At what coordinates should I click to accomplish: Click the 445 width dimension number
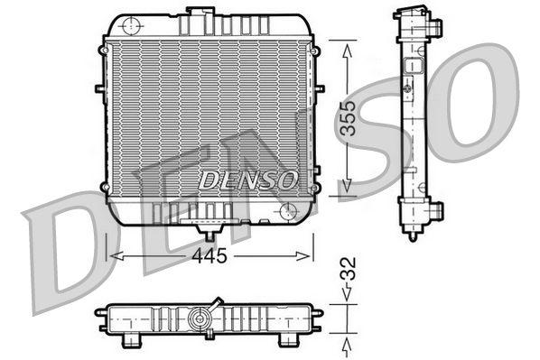click(x=209, y=255)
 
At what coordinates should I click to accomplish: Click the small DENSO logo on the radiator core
click(x=248, y=179)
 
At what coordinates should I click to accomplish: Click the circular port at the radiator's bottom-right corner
click(x=288, y=210)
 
